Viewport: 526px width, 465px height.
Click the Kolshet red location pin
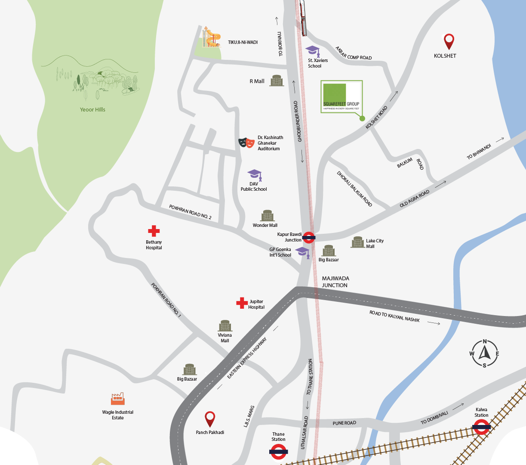(449, 41)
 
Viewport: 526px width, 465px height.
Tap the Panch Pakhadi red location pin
(210, 418)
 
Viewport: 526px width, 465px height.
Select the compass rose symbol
(484, 353)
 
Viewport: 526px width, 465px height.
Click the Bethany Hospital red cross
(154, 231)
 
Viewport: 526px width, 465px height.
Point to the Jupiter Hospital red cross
(242, 303)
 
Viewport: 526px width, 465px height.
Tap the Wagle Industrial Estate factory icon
(117, 399)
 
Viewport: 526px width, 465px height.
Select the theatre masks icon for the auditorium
(246, 143)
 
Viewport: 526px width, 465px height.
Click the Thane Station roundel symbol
(278, 452)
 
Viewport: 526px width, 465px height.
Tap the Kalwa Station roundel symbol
(481, 427)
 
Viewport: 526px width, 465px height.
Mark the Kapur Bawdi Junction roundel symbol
(309, 237)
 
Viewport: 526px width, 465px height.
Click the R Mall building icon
(277, 81)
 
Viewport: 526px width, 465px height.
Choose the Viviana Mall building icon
(225, 326)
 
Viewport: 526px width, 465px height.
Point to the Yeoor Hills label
(92, 109)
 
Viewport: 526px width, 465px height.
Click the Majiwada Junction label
(335, 282)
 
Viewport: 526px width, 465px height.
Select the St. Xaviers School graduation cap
(313, 51)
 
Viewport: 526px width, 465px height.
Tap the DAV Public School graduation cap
(255, 174)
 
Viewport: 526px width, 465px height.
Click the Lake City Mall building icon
(358, 242)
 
